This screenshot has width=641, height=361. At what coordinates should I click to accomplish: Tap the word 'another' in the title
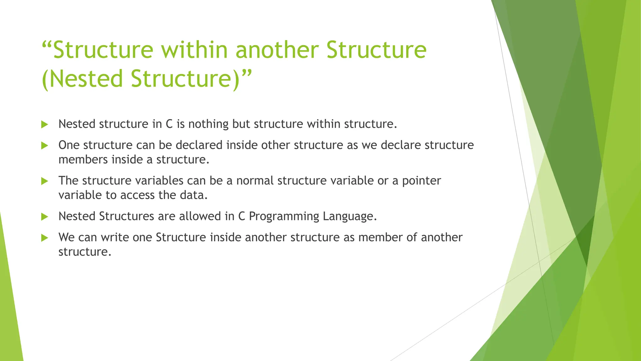coord(277,50)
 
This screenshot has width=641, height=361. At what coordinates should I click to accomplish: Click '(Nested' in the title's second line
coord(82,79)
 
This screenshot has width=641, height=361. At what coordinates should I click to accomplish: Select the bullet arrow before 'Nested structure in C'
coord(44,125)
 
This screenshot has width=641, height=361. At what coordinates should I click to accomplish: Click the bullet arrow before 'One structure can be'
coord(44,146)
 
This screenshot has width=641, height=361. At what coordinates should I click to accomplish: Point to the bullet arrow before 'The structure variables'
coord(44,181)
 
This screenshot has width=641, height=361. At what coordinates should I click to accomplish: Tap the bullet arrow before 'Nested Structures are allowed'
coord(44,217)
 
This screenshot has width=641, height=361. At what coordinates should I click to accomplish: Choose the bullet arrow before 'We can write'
coord(44,238)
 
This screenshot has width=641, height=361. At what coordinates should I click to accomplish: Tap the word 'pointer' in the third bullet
coord(421,181)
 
